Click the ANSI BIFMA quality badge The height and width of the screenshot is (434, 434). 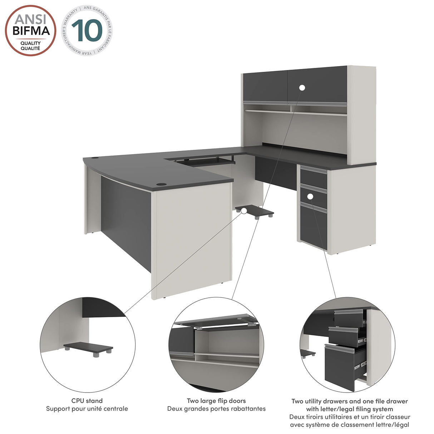pyautogui.click(x=30, y=30)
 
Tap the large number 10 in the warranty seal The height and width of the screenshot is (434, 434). pyautogui.click(x=87, y=30)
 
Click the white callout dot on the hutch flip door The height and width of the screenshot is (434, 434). pyautogui.click(x=302, y=88)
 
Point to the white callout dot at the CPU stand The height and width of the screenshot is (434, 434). pyautogui.click(x=244, y=211)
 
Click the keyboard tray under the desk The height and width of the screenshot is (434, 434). pyautogui.click(x=204, y=161)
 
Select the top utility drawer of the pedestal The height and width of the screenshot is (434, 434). pyautogui.click(x=314, y=178)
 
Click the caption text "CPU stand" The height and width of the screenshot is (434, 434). pyautogui.click(x=87, y=401)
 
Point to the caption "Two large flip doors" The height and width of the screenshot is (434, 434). pyautogui.click(x=216, y=401)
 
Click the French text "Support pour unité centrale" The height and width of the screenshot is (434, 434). pyautogui.click(x=87, y=409)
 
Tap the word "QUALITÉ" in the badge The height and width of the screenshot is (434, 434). pyautogui.click(x=30, y=48)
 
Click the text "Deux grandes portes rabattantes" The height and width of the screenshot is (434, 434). pyautogui.click(x=216, y=409)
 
